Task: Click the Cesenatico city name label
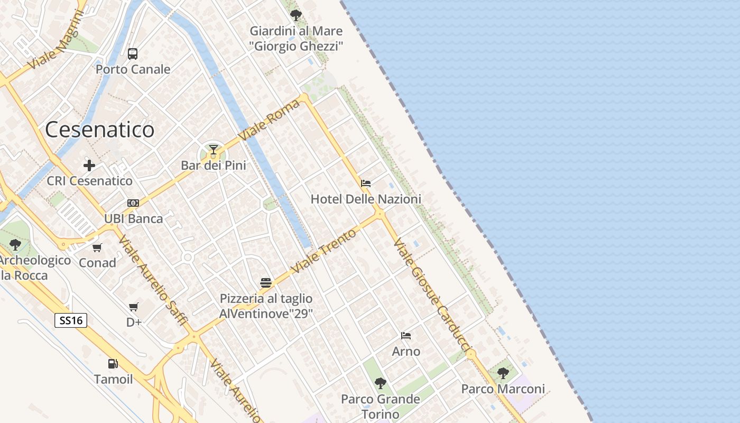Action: point(99,130)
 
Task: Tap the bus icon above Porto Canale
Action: point(133,53)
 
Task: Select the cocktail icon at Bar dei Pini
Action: point(214,150)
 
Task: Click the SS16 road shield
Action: point(71,320)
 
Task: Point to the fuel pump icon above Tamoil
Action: point(113,364)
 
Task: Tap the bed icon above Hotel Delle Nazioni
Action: point(365,183)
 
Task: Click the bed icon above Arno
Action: point(406,336)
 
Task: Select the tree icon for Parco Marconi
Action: point(503,373)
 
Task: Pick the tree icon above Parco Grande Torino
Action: point(380,383)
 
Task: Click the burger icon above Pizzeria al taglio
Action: point(266,283)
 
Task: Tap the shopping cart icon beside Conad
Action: point(97,247)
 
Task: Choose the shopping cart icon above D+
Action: point(134,307)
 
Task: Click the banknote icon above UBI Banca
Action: point(133,203)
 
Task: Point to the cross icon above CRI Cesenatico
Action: point(89,165)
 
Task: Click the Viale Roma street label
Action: point(270,119)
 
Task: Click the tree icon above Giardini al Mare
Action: point(296,15)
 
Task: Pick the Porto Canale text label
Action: point(133,69)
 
